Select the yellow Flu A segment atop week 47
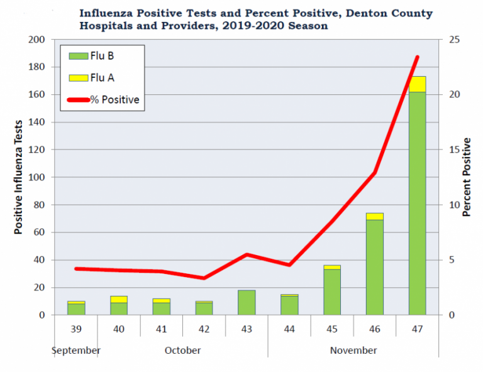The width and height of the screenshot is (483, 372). tap(417, 84)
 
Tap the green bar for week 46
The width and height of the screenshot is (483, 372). tap(374, 267)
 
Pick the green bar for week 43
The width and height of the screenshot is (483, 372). tap(247, 302)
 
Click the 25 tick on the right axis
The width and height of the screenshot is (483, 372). tap(453, 40)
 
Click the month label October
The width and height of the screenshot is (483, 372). tap(182, 350)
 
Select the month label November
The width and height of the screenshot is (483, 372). tap(353, 350)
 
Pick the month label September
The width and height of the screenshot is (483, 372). tap(76, 350)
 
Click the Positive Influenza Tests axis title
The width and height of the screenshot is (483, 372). tap(19, 177)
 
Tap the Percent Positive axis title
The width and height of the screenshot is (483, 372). tap(467, 177)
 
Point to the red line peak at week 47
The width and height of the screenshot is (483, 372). tap(417, 57)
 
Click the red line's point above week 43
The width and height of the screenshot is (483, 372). tap(247, 254)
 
